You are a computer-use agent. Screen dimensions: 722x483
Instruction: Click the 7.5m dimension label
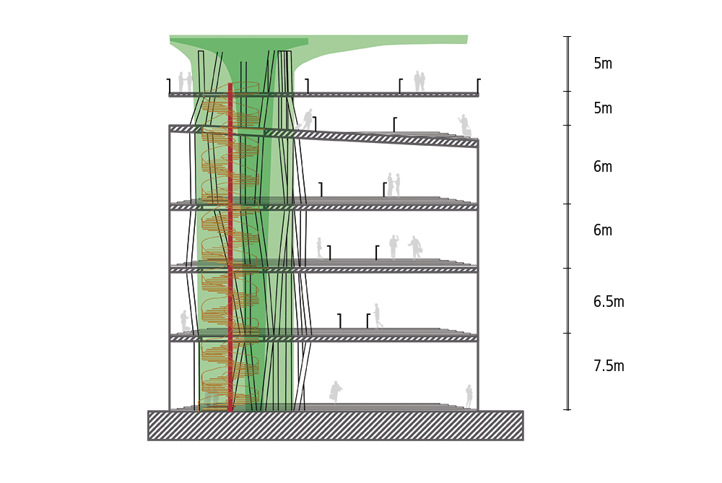point(609,366)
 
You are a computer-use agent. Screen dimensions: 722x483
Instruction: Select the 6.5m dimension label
point(609,302)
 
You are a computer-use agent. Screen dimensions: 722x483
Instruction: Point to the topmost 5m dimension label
point(603,64)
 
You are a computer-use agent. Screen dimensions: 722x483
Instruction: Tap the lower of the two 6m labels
point(603,230)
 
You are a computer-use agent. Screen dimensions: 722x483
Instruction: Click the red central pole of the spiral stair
point(230,248)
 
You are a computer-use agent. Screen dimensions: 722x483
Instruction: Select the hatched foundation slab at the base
point(335,425)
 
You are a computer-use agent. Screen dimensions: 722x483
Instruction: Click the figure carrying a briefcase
point(415,248)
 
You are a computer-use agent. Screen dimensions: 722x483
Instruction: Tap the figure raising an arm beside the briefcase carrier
point(393,247)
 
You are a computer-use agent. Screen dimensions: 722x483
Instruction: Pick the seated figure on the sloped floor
point(465,125)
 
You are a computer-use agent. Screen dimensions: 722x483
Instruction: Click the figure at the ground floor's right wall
point(469,396)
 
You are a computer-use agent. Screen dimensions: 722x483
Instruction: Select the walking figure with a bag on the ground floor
point(336,392)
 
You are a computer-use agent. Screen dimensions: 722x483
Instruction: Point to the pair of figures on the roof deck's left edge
point(185,82)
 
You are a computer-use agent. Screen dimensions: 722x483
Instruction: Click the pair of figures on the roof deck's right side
point(419,81)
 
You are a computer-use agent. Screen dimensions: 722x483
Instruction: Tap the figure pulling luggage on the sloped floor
point(306,119)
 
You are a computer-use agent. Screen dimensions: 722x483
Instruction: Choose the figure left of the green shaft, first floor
point(185,321)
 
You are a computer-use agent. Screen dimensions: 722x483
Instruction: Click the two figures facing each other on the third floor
point(393,185)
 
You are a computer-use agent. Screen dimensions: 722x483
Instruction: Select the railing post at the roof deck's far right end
point(479,86)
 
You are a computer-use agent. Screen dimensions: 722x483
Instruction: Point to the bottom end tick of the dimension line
point(568,409)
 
